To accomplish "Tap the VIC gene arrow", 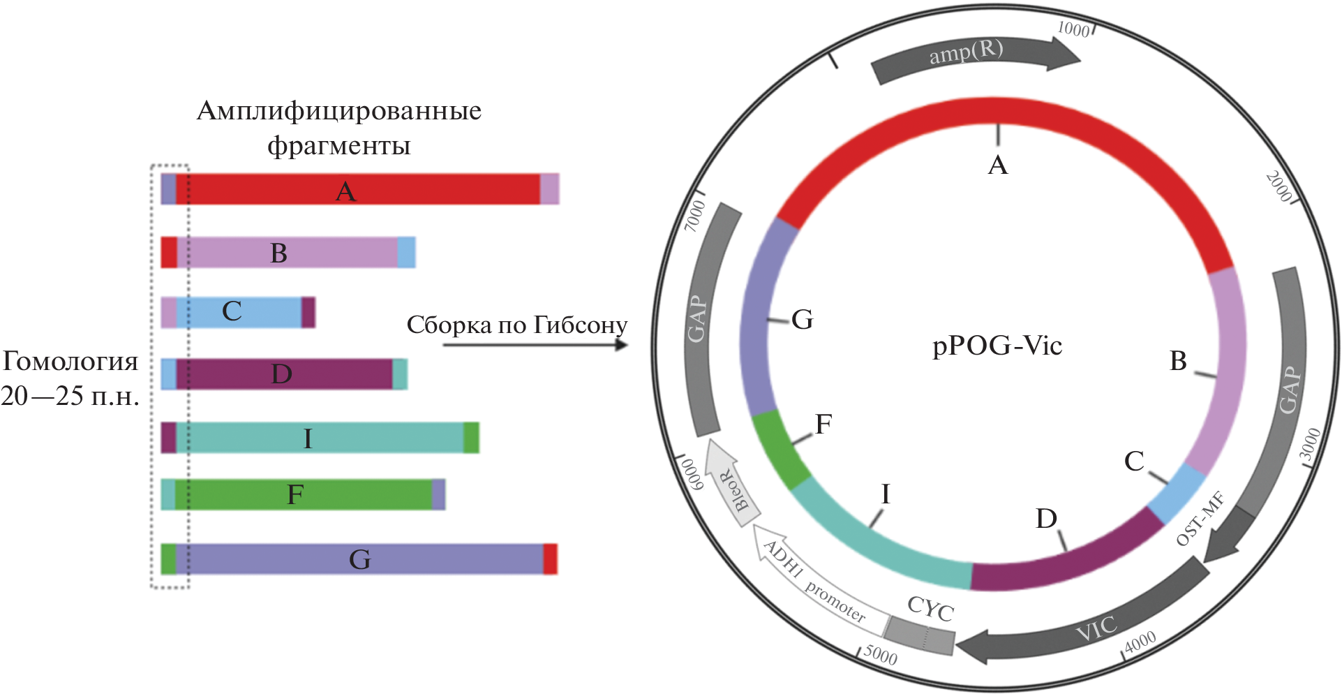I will [x=1089, y=625].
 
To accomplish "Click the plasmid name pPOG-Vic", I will [x=997, y=346].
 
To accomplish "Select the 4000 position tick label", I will [x=1140, y=641].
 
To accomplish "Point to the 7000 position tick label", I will [x=694, y=215].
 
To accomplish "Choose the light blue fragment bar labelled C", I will [x=238, y=312].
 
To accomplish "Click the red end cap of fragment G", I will [x=550, y=559].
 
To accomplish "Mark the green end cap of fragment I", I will [x=471, y=438].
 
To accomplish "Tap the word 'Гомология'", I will [x=70, y=362].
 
